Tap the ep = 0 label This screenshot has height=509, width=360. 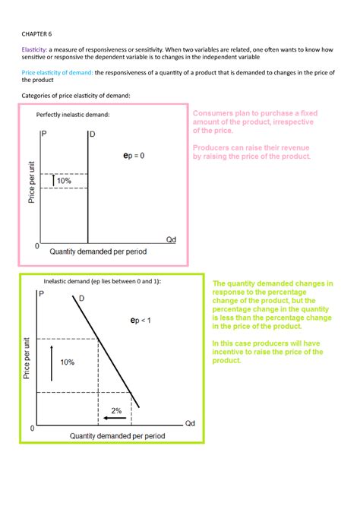134,155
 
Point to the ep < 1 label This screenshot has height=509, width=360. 140,321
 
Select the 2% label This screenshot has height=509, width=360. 115,410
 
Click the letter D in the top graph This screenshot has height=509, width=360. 93,134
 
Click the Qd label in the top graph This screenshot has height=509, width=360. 171,239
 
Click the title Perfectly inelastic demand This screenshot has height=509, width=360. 73,114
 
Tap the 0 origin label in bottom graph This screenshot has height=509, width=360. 32,429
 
